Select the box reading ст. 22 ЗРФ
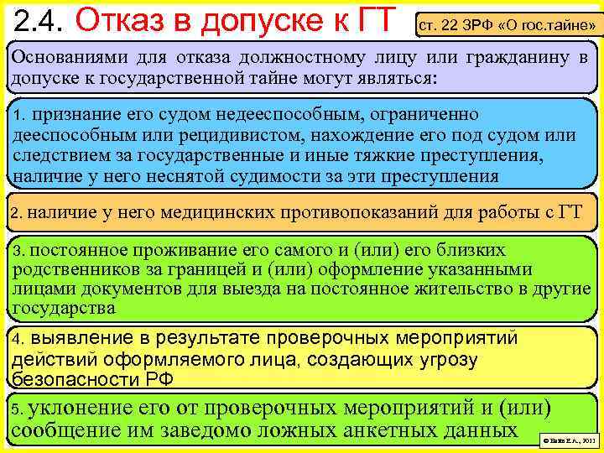[x=508, y=25]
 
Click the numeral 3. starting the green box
[x=19, y=251]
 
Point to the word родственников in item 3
[x=70, y=269]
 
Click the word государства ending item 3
[x=64, y=308]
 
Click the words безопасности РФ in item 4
[x=93, y=379]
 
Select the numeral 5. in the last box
[x=18, y=410]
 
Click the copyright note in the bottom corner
[x=568, y=439]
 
